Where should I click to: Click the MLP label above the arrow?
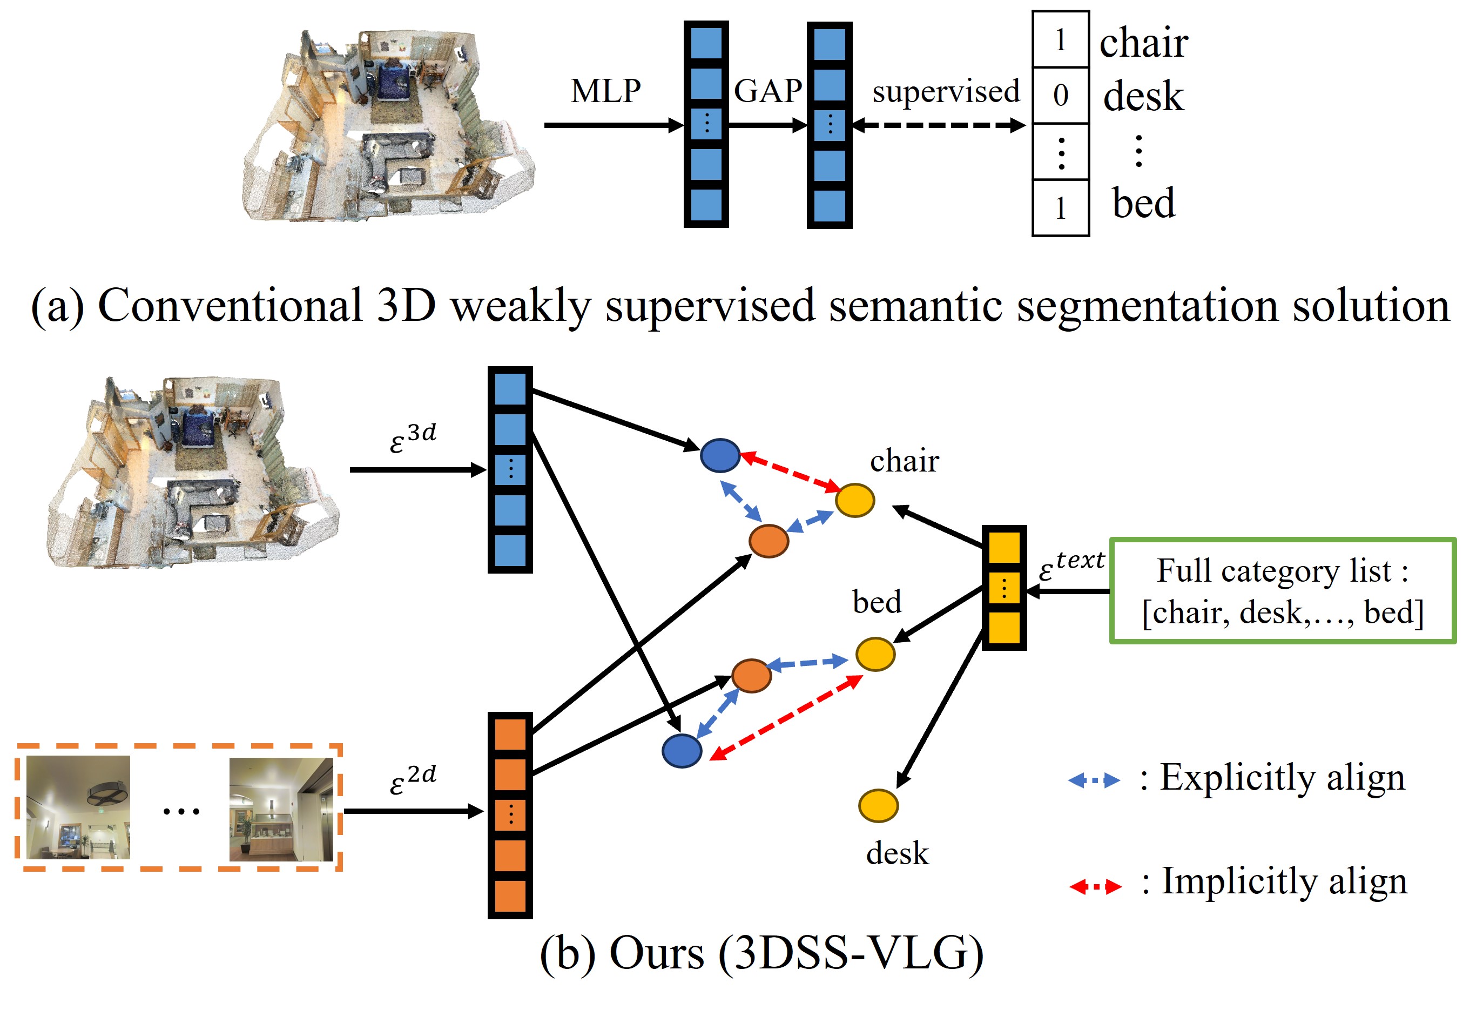point(605,91)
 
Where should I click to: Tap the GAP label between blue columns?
point(767,91)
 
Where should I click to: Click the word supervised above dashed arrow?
point(945,91)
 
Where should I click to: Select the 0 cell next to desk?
point(1060,96)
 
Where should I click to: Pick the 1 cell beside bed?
point(1060,208)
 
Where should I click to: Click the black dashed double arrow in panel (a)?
point(938,126)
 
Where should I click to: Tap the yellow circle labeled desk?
point(878,805)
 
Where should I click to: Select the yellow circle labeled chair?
point(854,500)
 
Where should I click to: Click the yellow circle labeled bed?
point(875,654)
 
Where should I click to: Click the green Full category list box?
point(1282,591)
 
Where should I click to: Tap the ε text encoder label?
point(1071,564)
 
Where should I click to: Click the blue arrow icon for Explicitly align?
point(1094,780)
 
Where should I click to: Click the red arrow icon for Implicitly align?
point(1095,886)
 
